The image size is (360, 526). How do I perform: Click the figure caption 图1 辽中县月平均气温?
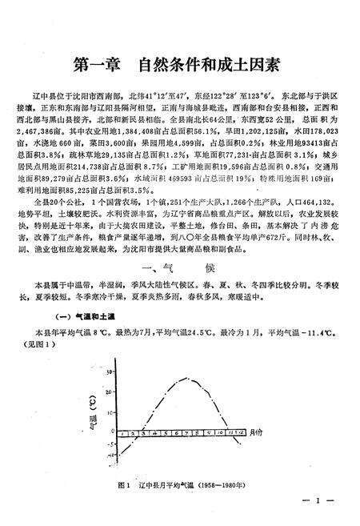click(159, 484)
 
